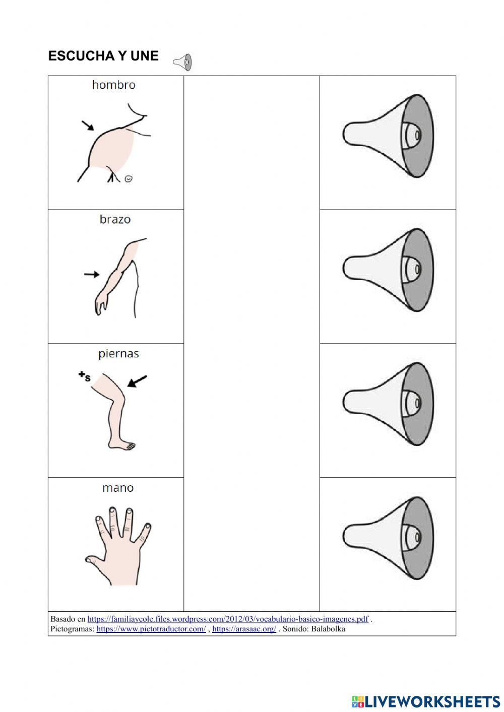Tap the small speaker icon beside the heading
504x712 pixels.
pyautogui.click(x=183, y=62)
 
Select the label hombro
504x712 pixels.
pyautogui.click(x=114, y=85)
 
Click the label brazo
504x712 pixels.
pyautogui.click(x=115, y=219)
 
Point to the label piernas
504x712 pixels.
pyautogui.click(x=118, y=354)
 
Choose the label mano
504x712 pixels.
pyautogui.click(x=118, y=488)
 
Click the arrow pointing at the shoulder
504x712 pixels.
pyautogui.click(x=88, y=125)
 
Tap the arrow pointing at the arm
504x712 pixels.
pyautogui.click(x=91, y=275)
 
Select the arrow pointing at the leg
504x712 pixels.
pyautogui.click(x=137, y=381)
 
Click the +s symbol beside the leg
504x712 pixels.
pyautogui.click(x=84, y=376)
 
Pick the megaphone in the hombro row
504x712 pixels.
pyautogui.click(x=388, y=136)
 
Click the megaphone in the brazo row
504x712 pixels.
pyautogui.click(x=388, y=270)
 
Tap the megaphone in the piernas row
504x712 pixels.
pyautogui.click(x=388, y=404)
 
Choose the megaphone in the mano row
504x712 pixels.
pyautogui.click(x=388, y=538)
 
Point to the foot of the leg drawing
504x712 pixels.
pyautogui.click(x=122, y=445)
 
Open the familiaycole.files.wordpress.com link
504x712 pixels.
pyautogui.click(x=228, y=619)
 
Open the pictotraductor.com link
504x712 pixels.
pyautogui.click(x=151, y=629)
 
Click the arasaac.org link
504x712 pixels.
pyautogui.click(x=244, y=629)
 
